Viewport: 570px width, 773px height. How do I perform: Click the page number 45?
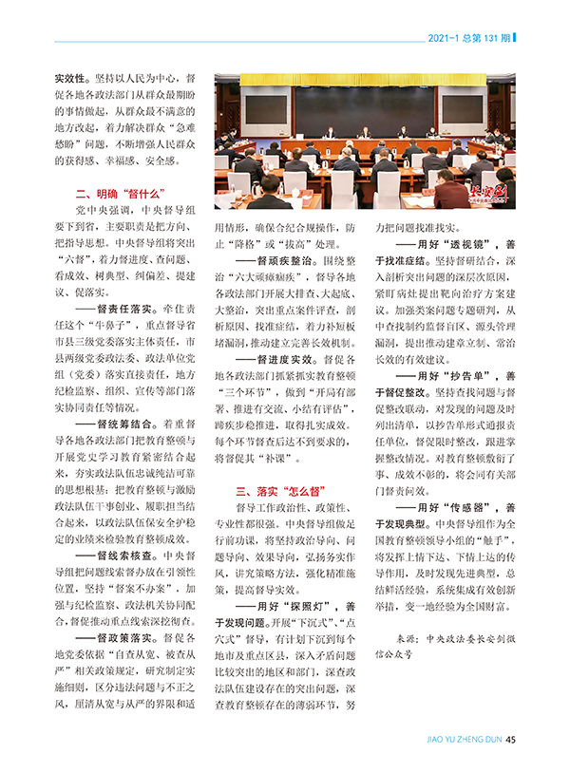coord(510,743)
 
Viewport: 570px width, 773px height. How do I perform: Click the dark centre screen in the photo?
coord(362,113)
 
